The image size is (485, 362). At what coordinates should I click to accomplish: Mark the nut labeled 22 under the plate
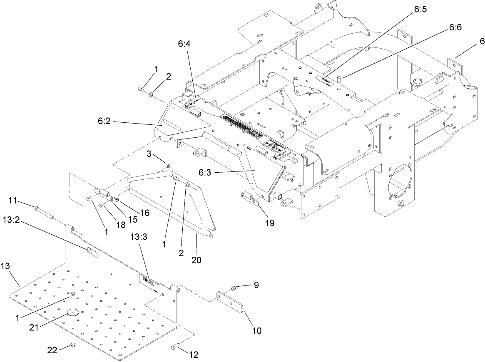click(x=73, y=346)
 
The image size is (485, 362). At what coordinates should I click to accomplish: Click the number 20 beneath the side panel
click(x=196, y=260)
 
